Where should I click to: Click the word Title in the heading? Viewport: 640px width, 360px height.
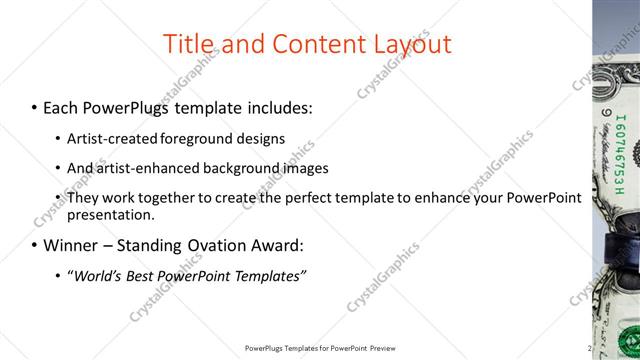(x=191, y=44)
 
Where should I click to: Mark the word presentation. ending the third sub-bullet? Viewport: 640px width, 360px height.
(x=111, y=215)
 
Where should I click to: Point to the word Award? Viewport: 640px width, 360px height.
(x=277, y=245)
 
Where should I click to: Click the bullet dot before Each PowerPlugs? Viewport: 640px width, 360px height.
(x=34, y=107)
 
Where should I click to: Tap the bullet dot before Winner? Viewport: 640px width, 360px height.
(x=34, y=245)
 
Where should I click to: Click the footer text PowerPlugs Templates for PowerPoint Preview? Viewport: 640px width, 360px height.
(x=320, y=348)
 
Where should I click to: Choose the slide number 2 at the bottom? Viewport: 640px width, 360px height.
(x=590, y=348)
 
